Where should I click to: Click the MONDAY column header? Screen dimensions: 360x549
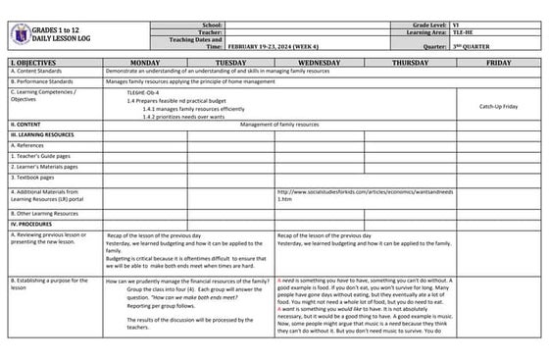144,61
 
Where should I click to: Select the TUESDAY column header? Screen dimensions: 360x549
230,61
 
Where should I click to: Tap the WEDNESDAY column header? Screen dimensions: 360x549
319,61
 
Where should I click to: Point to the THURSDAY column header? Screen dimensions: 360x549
410,61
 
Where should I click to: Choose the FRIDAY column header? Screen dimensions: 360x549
498,61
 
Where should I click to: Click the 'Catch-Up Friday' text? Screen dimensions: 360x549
499,106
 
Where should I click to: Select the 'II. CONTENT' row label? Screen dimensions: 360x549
25,125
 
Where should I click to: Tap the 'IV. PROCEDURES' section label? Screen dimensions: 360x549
32,225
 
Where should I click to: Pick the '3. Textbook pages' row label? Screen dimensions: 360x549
32,178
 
